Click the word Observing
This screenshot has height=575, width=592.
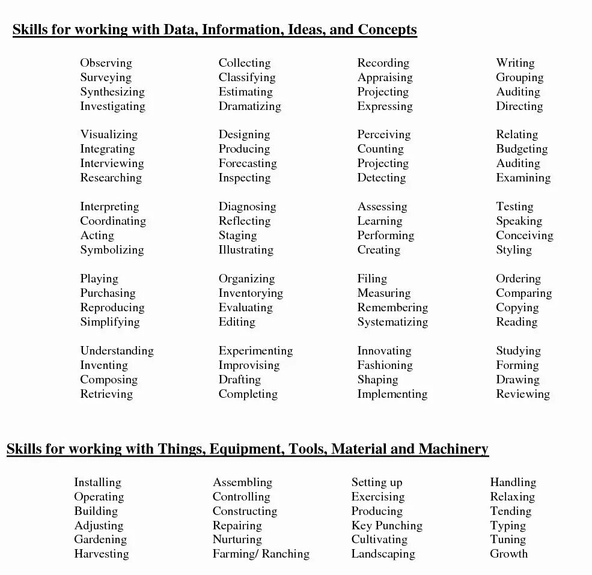click(x=106, y=63)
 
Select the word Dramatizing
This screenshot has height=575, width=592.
click(x=249, y=106)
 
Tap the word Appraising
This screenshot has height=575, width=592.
click(x=385, y=78)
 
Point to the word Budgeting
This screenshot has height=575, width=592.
click(x=522, y=149)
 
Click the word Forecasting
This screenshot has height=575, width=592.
click(x=248, y=163)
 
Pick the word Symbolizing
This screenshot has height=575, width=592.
click(x=112, y=250)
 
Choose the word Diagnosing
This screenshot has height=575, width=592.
click(x=247, y=207)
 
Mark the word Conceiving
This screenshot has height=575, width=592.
click(x=524, y=236)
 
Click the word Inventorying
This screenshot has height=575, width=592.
click(x=251, y=293)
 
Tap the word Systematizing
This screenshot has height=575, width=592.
click(x=392, y=322)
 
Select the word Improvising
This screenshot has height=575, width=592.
click(x=249, y=365)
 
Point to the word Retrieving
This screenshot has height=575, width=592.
click(x=106, y=394)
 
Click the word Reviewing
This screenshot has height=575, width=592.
click(x=523, y=394)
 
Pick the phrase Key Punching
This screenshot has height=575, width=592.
click(x=386, y=526)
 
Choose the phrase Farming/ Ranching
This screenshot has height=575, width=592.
click(x=261, y=554)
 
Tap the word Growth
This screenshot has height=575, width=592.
click(x=508, y=554)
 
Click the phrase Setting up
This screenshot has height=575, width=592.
click(x=377, y=482)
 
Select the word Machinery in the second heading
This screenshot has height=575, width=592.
click(x=453, y=449)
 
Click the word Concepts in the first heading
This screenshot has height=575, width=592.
click(x=387, y=29)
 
